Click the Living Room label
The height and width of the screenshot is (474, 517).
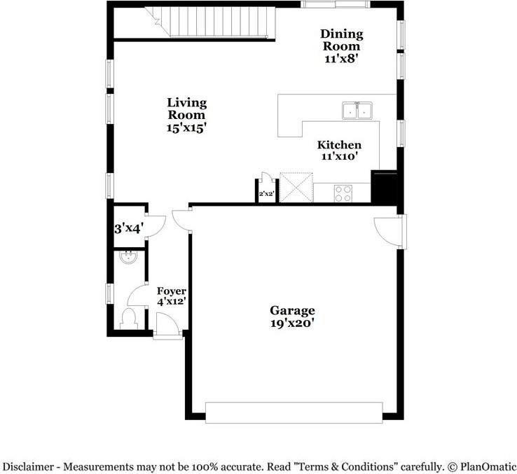pyautogui.click(x=187, y=109)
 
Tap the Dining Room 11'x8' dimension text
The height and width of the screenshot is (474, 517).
pyautogui.click(x=341, y=59)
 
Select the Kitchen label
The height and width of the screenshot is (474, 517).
pyautogui.click(x=339, y=145)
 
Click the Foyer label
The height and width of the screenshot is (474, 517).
pyautogui.click(x=172, y=291)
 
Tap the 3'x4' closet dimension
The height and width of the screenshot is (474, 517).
pyautogui.click(x=129, y=228)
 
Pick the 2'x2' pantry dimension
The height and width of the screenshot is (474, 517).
pyautogui.click(x=267, y=194)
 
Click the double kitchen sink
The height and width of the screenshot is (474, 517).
pyautogui.click(x=357, y=111)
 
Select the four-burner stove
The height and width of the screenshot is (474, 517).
pyautogui.click(x=343, y=193)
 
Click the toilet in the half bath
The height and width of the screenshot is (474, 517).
pyautogui.click(x=129, y=319)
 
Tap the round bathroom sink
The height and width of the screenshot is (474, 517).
pyautogui.click(x=129, y=257)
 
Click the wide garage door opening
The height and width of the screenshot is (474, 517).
pyautogui.click(x=294, y=412)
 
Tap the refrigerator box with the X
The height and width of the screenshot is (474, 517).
pyautogui.click(x=296, y=187)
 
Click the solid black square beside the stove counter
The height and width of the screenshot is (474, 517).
pyautogui.click(x=384, y=186)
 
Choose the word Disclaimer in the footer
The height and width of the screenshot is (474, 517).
pyautogui.click(x=29, y=467)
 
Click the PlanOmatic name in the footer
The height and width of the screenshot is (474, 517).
pyautogui.click(x=488, y=467)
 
